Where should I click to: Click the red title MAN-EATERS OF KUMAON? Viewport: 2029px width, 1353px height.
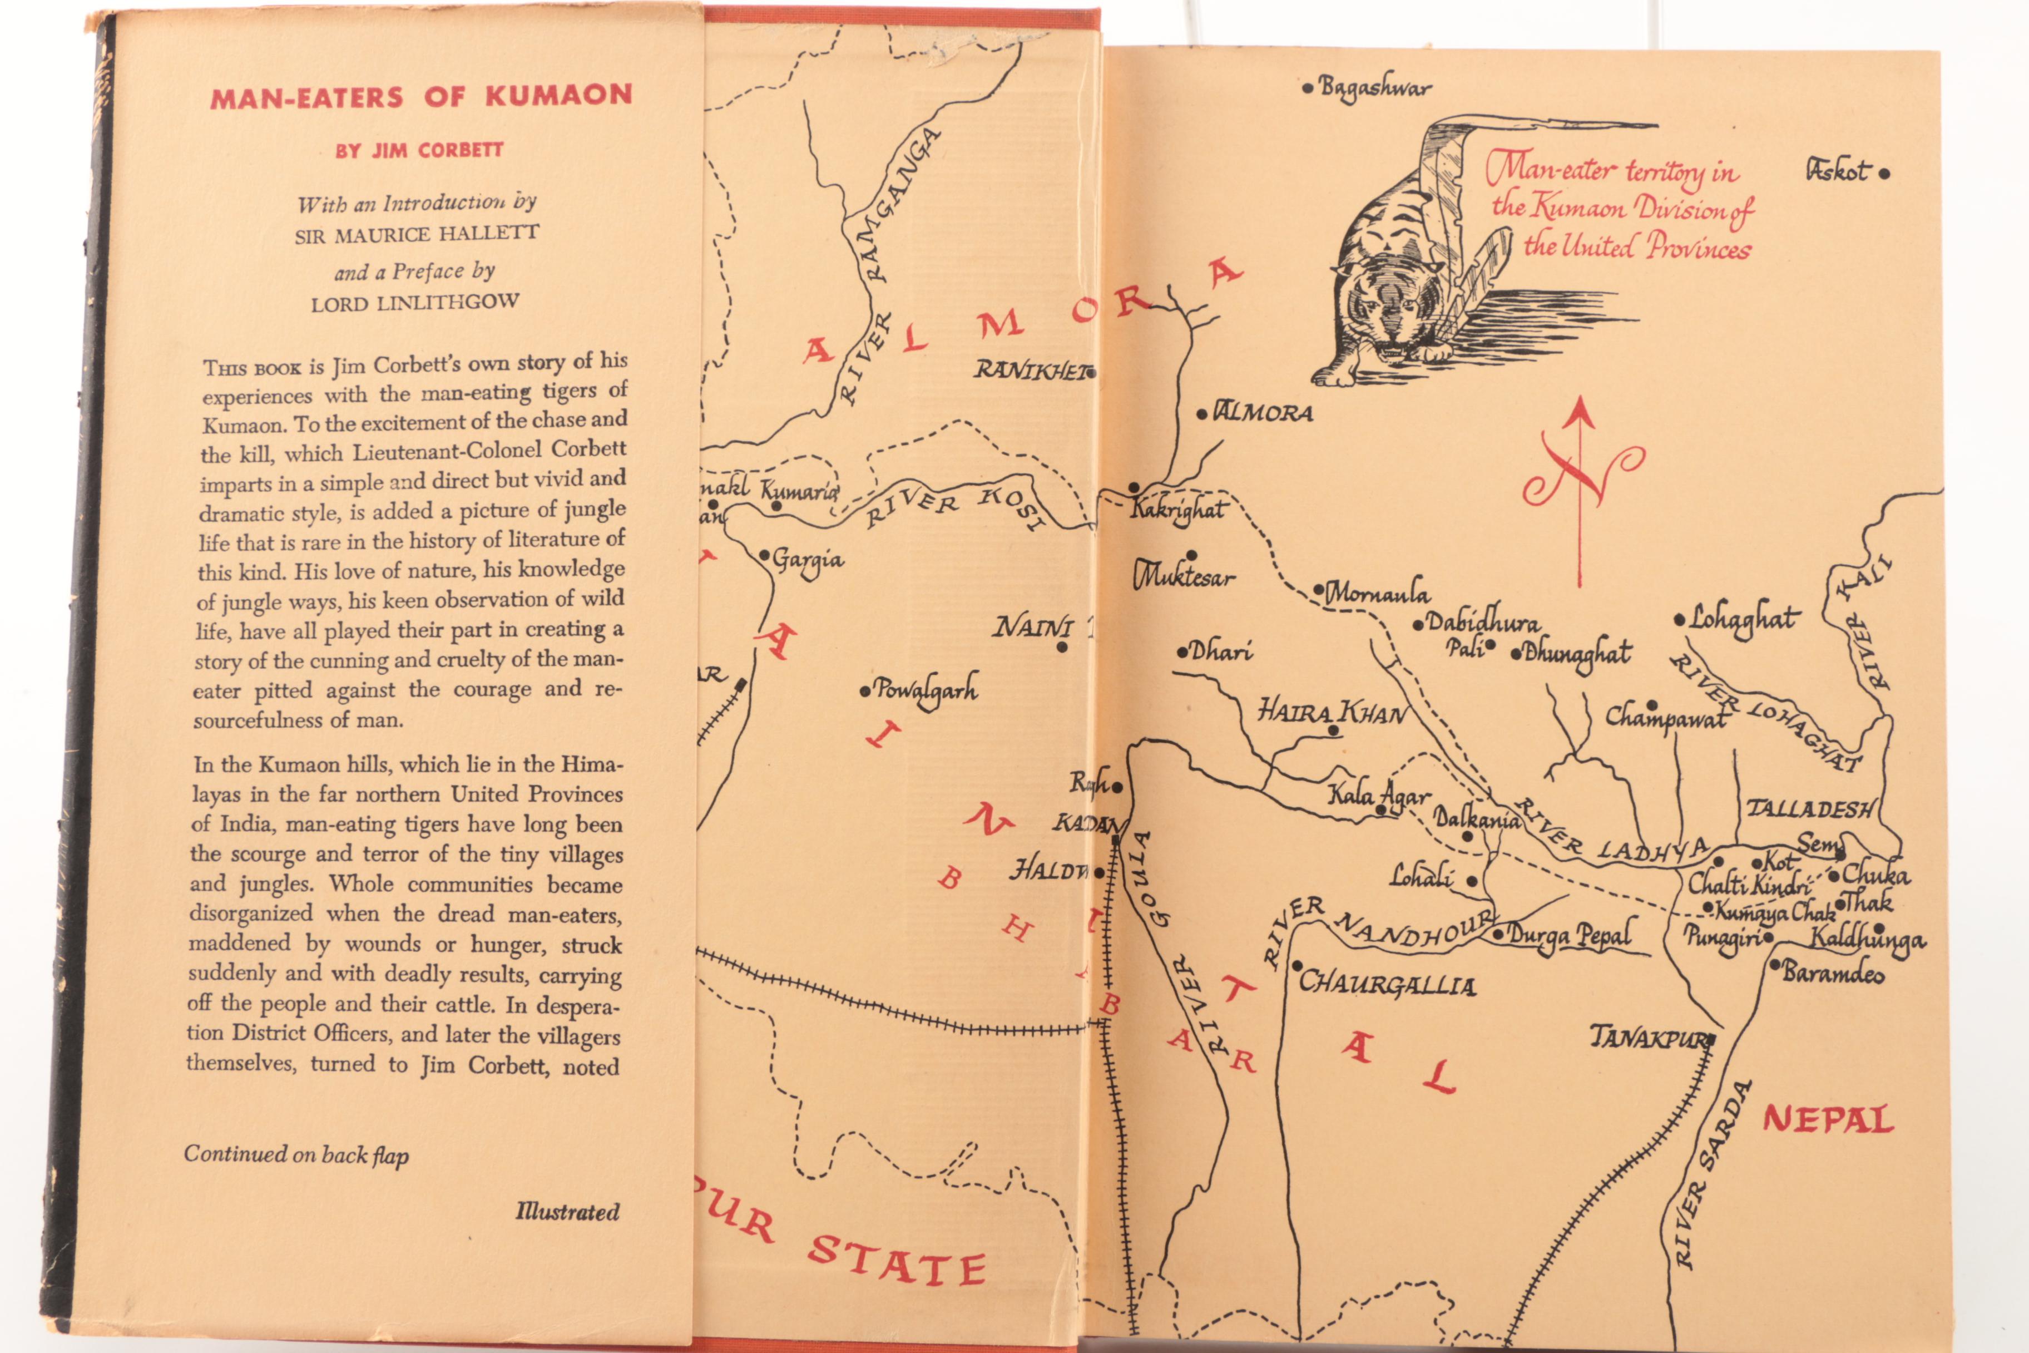421,96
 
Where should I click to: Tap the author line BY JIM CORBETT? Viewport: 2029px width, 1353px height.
419,150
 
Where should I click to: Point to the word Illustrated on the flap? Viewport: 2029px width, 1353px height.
567,1212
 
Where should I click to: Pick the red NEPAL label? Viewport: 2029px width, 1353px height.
1827,1120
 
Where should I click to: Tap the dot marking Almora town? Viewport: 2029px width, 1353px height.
1202,414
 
